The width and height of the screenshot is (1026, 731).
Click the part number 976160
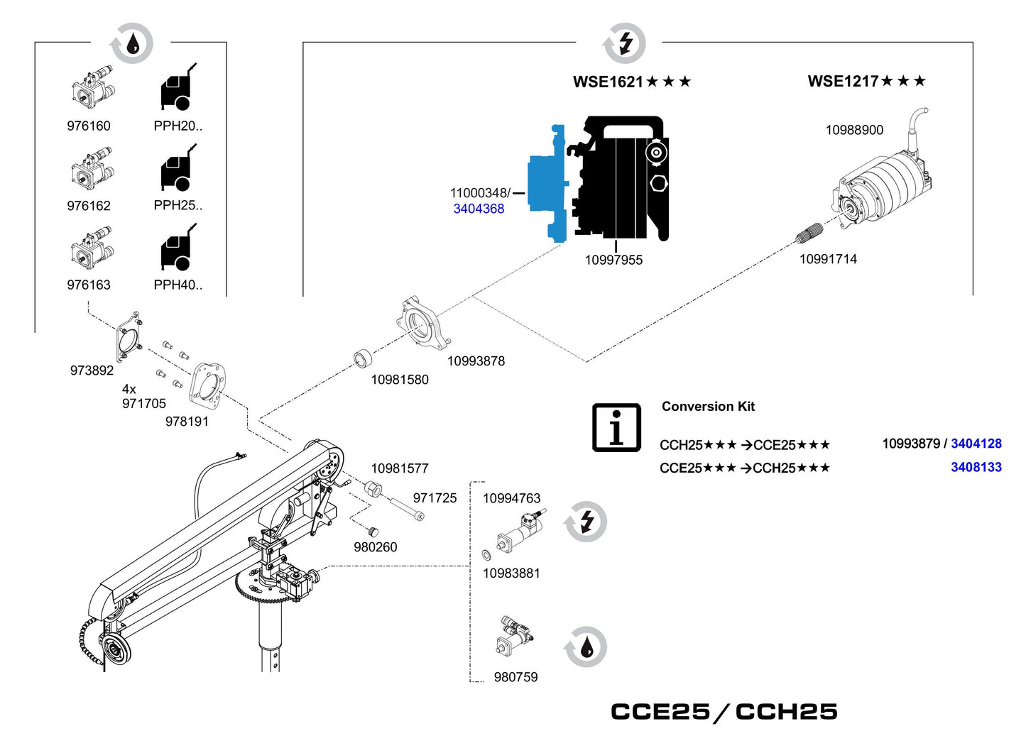point(89,126)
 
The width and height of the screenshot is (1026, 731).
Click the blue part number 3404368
point(479,209)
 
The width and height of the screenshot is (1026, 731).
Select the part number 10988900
point(854,130)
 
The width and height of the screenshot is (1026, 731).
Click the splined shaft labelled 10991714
point(809,232)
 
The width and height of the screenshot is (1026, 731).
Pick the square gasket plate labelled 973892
point(129,337)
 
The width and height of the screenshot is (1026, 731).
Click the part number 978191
point(187,422)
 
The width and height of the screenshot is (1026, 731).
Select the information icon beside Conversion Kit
point(616,427)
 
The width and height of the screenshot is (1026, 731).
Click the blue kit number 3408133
point(976,467)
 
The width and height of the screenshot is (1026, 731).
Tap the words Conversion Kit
point(708,407)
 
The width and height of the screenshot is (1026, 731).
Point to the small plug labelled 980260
point(373,531)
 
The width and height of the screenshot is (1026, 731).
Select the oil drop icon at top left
point(131,44)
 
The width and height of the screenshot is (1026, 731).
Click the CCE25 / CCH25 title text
point(724,711)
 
